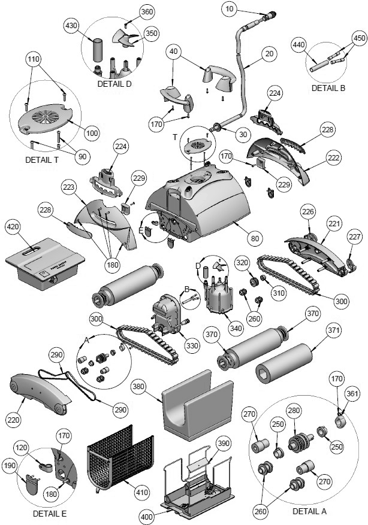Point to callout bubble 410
(x=141, y=493)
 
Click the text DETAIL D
(x=114, y=84)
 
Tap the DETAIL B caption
(x=328, y=88)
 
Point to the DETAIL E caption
(x=47, y=513)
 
